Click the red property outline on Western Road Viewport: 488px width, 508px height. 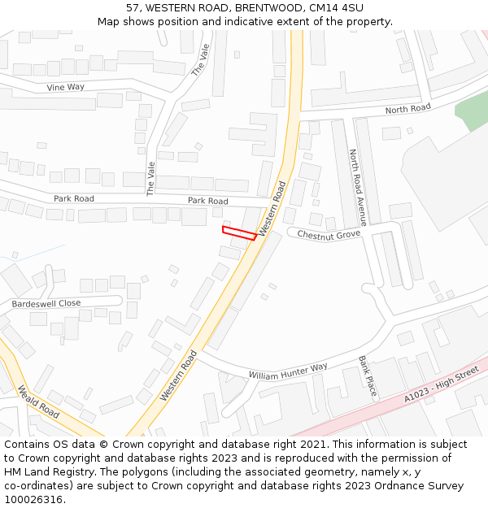[239, 233]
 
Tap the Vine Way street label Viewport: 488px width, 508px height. [65, 87]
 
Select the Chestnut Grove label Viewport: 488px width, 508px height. [329, 235]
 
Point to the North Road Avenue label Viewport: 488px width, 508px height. [357, 186]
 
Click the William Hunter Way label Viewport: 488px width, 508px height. [288, 371]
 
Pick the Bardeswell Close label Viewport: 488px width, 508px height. [46, 303]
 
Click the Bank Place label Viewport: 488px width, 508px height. [368, 376]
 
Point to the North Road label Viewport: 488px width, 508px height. [407, 109]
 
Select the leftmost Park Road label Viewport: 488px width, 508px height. [74, 198]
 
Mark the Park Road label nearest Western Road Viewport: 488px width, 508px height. [208, 200]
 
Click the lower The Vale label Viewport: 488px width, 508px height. [150, 179]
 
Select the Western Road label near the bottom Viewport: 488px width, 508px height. [179, 375]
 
